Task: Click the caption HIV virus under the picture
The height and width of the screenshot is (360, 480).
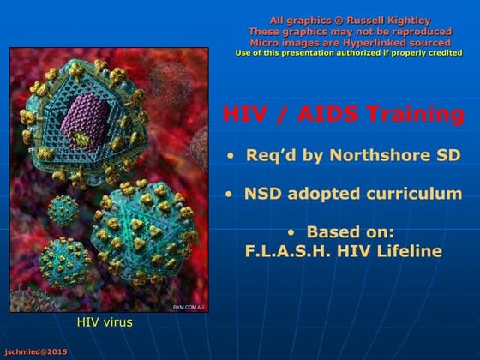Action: tap(105, 322)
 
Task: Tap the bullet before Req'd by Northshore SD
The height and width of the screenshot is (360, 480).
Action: tap(230, 157)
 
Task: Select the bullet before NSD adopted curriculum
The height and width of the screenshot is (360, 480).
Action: tap(228, 195)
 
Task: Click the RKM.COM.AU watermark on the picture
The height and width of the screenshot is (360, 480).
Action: tap(188, 306)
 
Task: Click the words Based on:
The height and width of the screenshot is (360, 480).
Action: tap(351, 231)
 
